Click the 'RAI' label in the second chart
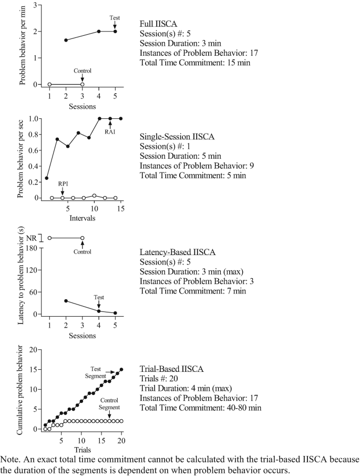tap(110, 132)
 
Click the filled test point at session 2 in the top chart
tap(66, 40)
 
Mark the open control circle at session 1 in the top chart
tap(49, 84)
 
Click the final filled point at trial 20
tap(121, 369)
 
